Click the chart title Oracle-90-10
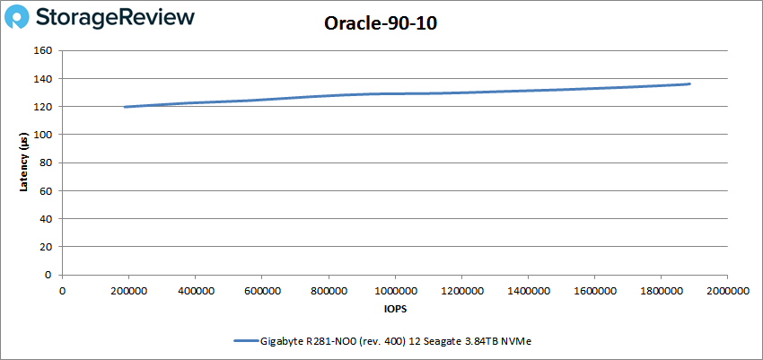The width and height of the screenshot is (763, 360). click(x=381, y=24)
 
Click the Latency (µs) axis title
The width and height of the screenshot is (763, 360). click(x=24, y=162)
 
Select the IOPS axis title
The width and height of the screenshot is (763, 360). click(x=394, y=308)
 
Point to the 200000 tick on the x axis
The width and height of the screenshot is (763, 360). click(x=128, y=290)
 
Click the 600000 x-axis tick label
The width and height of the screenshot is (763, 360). click(x=261, y=290)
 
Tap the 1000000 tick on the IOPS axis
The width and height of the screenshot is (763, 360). click(x=394, y=290)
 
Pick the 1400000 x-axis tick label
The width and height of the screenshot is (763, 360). click(x=527, y=290)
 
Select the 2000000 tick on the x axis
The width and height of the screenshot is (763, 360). click(x=726, y=290)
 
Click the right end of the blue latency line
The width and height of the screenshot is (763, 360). click(x=688, y=84)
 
